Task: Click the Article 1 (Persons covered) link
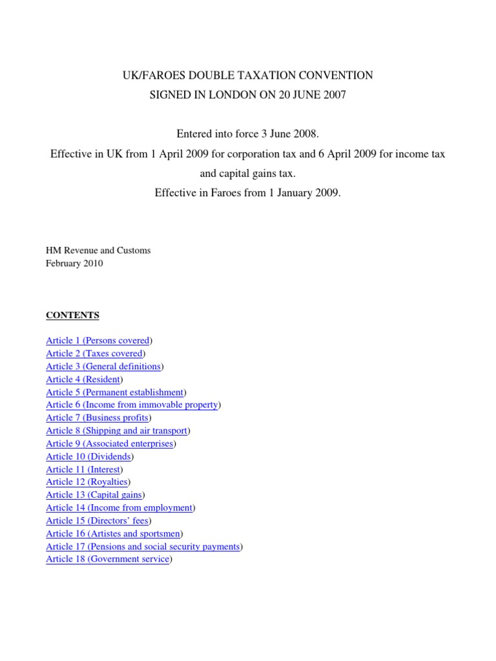click(x=98, y=340)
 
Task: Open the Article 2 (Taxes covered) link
click(x=94, y=353)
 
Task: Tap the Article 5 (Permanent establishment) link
click(x=114, y=392)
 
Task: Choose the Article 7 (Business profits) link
click(x=97, y=418)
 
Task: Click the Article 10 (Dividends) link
click(x=88, y=456)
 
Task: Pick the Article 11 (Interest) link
click(x=83, y=469)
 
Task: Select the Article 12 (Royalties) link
click(x=87, y=482)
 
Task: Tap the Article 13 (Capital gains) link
click(x=94, y=495)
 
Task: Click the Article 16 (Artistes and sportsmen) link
click(x=114, y=534)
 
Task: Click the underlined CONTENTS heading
click(x=72, y=315)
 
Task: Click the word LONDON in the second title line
click(x=229, y=95)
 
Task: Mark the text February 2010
click(x=74, y=263)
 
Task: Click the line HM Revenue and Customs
click(x=98, y=250)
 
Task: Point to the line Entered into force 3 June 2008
click(x=248, y=135)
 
